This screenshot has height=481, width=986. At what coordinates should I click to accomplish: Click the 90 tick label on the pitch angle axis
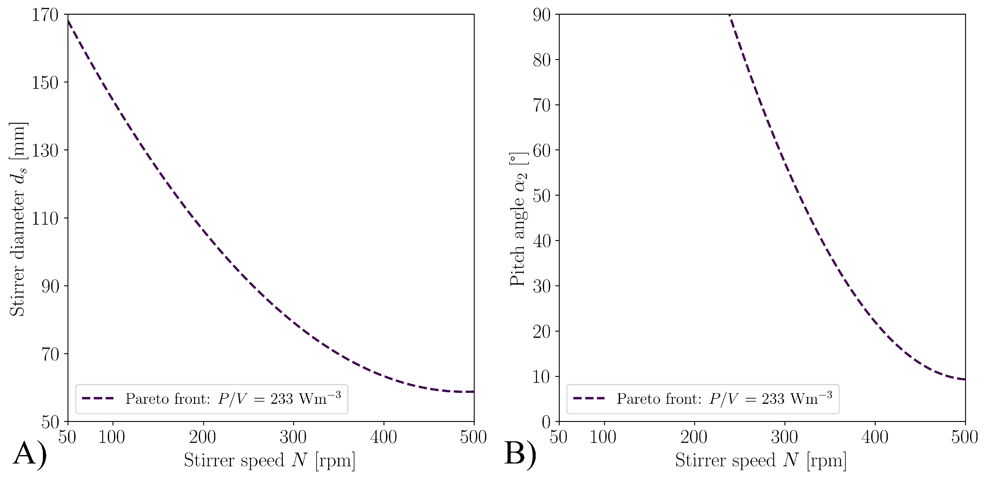pos(541,15)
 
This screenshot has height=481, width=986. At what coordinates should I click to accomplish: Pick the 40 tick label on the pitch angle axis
pos(541,241)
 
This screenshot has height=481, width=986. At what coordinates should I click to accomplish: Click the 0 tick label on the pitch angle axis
pos(546,422)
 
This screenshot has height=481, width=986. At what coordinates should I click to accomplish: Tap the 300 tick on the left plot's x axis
pos(293,437)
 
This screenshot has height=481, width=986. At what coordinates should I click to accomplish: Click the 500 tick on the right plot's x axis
pos(964,437)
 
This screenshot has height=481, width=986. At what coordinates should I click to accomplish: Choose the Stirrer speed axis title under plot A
pos(269,460)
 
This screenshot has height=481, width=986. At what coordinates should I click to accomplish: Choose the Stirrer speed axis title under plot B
pos(761,460)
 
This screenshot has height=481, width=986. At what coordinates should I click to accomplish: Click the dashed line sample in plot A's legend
pos(98,399)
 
